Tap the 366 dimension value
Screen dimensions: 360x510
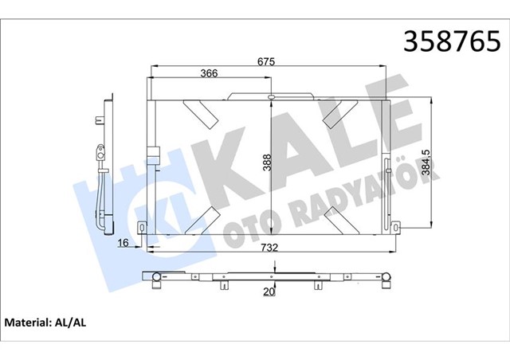pos(209,74)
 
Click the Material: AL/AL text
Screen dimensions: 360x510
pos(45,324)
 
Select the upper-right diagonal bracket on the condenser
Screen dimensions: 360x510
pos(338,112)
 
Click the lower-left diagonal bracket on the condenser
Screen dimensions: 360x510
pos(202,217)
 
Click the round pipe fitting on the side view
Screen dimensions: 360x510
pos(100,149)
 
